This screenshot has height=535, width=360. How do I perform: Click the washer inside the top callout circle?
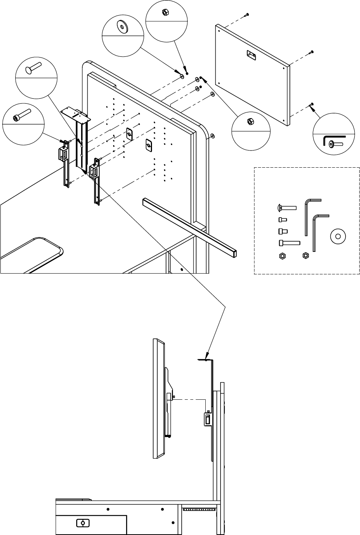point(122,27)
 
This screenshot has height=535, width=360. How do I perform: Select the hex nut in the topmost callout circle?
point(166,12)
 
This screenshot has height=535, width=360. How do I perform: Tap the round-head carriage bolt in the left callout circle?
point(34,69)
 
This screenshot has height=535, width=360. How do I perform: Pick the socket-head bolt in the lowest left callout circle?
point(21,115)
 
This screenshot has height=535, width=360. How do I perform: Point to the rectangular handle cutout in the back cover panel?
point(252,55)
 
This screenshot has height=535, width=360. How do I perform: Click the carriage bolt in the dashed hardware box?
point(286,208)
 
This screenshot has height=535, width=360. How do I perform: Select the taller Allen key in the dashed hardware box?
point(309,215)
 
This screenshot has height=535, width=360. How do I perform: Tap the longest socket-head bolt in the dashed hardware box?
point(290,242)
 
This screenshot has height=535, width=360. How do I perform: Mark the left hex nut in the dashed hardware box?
point(282,255)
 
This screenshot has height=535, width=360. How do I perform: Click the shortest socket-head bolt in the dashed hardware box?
point(282,219)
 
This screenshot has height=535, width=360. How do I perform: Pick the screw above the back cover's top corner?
point(247,14)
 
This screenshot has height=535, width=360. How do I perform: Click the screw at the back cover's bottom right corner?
point(312,104)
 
